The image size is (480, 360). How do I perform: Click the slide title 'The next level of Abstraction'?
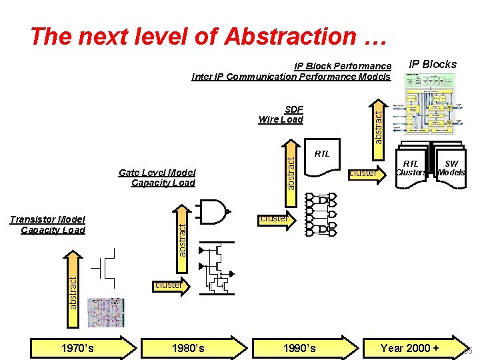tap(209, 36)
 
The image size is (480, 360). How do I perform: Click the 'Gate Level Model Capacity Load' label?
tap(157, 177)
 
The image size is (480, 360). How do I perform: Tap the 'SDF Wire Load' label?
tap(281, 115)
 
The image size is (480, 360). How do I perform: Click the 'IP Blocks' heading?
tap(433, 64)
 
